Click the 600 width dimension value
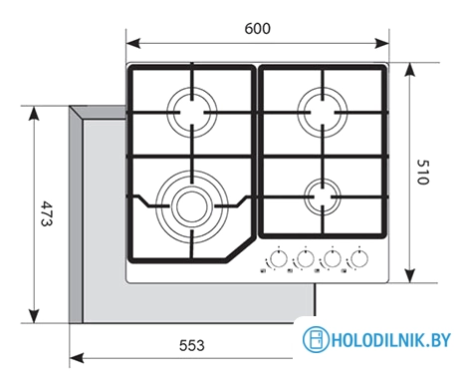(x=258, y=29)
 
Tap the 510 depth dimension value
(x=423, y=172)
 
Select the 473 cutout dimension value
(x=47, y=213)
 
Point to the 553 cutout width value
(x=192, y=345)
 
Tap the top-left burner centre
(x=192, y=112)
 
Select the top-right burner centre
(x=323, y=112)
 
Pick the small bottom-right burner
(x=323, y=196)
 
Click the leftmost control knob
(x=278, y=258)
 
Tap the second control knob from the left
(x=305, y=258)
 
